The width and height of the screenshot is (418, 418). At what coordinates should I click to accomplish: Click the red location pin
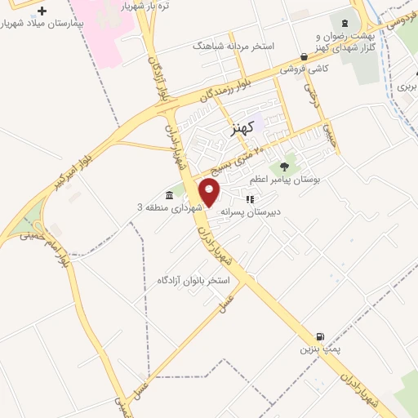click(x=211, y=193)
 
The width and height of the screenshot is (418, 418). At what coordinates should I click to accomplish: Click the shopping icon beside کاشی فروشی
click(x=305, y=57)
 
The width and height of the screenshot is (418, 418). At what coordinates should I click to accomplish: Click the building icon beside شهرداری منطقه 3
click(x=169, y=195)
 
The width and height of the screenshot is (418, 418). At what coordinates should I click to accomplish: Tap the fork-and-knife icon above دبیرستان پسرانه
click(x=250, y=198)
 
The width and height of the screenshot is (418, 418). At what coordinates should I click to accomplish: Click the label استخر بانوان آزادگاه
click(x=194, y=280)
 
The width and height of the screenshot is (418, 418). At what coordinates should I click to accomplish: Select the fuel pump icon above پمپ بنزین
click(x=320, y=336)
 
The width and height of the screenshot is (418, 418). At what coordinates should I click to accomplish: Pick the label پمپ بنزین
click(x=315, y=349)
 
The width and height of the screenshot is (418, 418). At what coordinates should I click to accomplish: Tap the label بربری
click(x=406, y=85)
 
